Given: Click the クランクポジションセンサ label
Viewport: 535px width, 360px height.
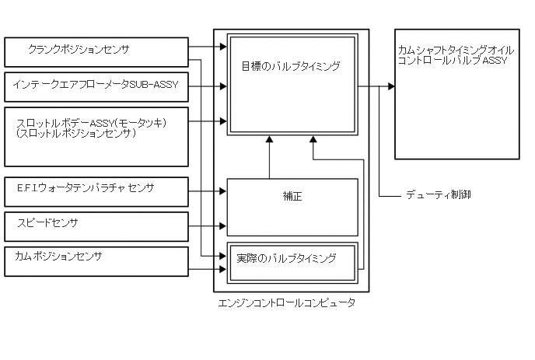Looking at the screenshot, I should (78, 49).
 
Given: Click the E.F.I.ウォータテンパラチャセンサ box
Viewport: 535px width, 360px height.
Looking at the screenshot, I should (96, 192).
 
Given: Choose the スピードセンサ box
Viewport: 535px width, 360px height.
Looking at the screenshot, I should (96, 225).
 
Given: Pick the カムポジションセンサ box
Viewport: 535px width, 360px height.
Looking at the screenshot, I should (96, 260).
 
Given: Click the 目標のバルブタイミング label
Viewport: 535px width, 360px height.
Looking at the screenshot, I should (291, 67).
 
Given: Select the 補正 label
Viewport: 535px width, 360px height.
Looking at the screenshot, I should (292, 197).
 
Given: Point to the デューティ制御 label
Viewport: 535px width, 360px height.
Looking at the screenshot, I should (438, 194).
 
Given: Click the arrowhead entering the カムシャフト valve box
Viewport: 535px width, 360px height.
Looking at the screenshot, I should (390, 86).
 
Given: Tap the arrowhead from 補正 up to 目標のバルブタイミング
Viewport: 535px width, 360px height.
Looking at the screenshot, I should (269, 140).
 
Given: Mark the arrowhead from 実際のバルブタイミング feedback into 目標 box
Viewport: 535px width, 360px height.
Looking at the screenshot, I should (313, 140).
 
